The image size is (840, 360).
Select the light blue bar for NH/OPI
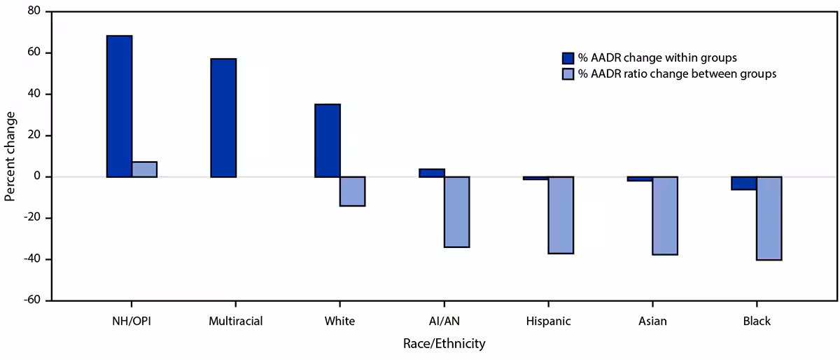pos(144,169)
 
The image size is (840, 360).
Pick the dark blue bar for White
pos(328,140)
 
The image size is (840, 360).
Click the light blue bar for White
pos(353,191)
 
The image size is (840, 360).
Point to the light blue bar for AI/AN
pos(456,212)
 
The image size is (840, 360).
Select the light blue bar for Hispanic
pos(561,215)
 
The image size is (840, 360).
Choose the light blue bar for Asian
pos(665,216)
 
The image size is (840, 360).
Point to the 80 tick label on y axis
pos(33,12)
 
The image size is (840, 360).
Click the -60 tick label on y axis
pos(31,300)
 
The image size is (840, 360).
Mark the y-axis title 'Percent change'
pos(10,155)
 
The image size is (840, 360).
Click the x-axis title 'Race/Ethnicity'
pos(444,344)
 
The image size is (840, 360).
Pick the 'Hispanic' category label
pos(548,321)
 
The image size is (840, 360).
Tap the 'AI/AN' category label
pos(444,321)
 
